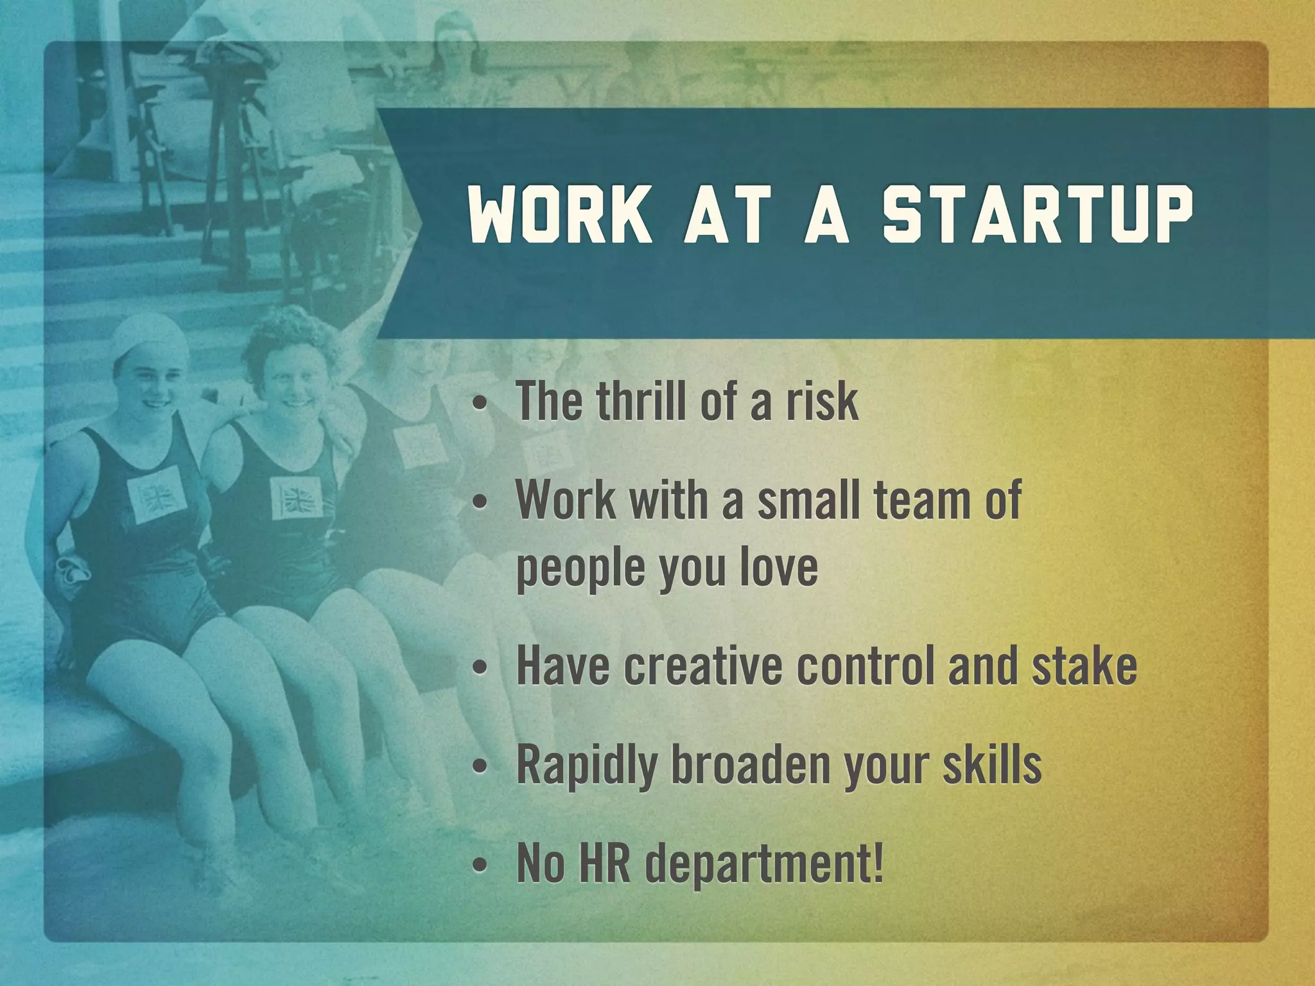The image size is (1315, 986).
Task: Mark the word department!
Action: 764,865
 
